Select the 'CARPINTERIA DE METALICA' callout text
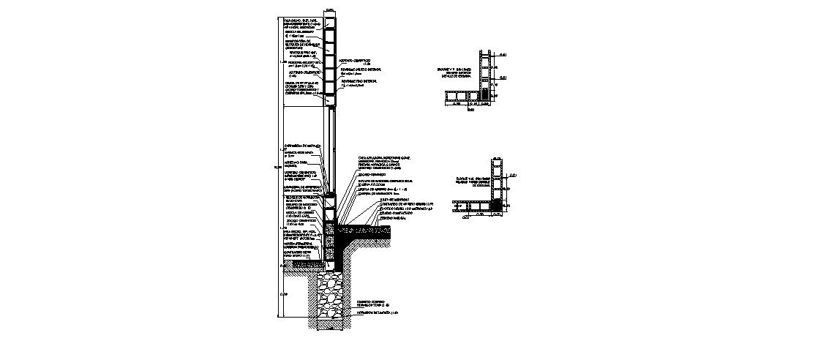tap(302, 146)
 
